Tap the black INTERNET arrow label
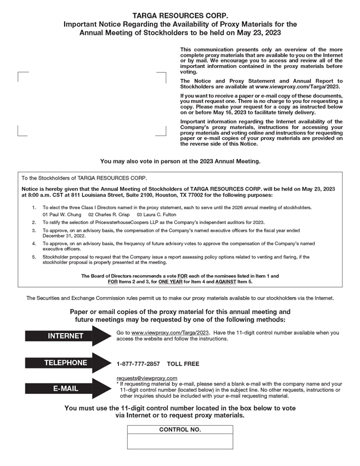click(x=66, y=336)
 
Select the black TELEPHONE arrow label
click(x=66, y=363)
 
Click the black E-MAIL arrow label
click(x=66, y=388)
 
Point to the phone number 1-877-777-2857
click(x=138, y=364)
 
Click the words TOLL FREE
click(x=183, y=364)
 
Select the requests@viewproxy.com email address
click(x=147, y=378)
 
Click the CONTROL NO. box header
click(x=180, y=429)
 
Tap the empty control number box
click(x=180, y=441)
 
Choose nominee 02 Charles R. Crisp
click(x=109, y=214)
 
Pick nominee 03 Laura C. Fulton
click(x=156, y=214)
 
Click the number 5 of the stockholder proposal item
click(x=34, y=257)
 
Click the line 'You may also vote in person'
click(x=180, y=161)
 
